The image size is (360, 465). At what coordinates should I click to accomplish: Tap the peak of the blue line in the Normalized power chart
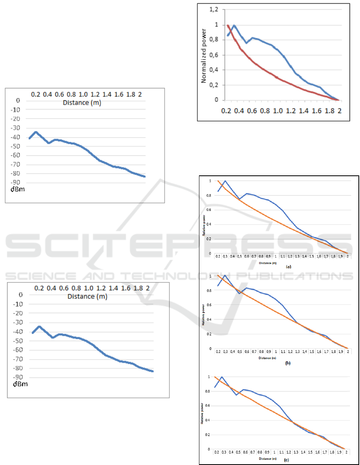pyautogui.click(x=234, y=26)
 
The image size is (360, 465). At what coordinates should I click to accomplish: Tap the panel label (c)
pyautogui.click(x=286, y=460)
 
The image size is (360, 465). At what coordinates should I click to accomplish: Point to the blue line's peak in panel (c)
pyautogui.click(x=222, y=377)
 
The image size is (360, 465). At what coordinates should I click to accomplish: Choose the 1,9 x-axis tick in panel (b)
pyautogui.click(x=341, y=352)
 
